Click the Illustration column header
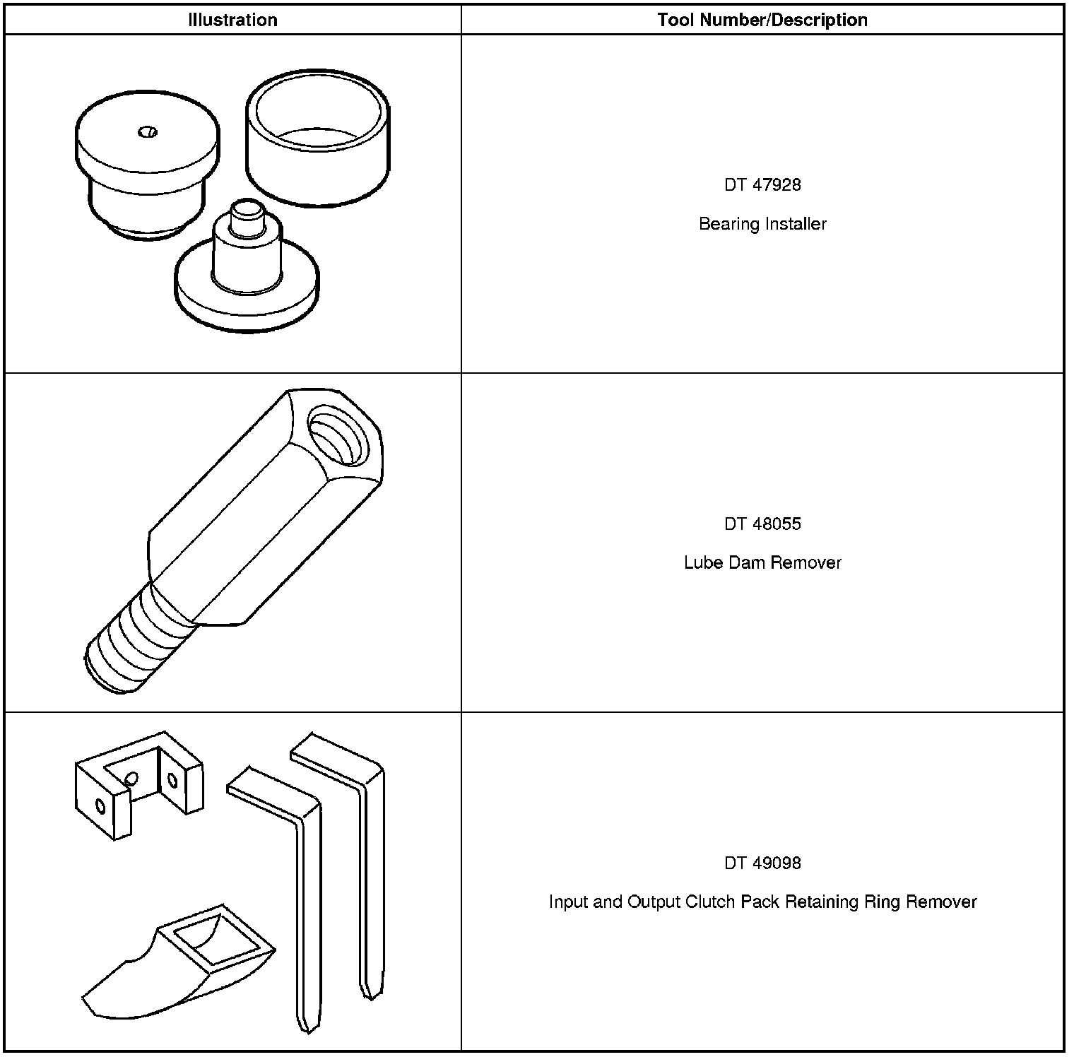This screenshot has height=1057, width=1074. coord(232,20)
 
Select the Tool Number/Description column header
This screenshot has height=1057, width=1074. coord(762,20)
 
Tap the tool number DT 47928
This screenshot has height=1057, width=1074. coord(762,185)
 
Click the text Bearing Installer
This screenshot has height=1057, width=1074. coord(762,224)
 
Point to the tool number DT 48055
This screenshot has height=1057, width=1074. coord(762,524)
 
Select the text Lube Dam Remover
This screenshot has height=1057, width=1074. coord(762,563)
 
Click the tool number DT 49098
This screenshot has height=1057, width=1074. coord(762,863)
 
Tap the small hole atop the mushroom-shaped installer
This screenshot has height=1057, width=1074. coord(148,131)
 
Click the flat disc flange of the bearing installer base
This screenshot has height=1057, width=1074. coord(247,304)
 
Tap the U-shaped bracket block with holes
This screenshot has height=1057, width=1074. coord(138,784)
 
